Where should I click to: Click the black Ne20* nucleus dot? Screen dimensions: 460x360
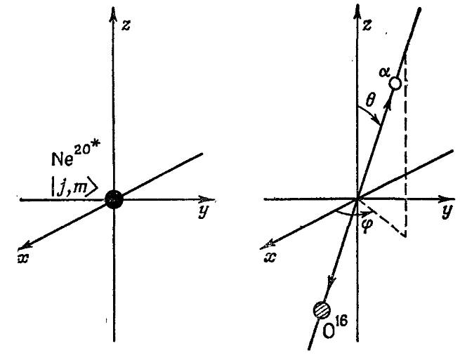(x=114, y=199)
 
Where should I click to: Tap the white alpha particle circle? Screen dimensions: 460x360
(x=395, y=84)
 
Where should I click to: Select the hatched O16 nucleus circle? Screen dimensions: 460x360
(x=322, y=310)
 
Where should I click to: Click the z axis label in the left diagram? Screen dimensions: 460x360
(x=126, y=25)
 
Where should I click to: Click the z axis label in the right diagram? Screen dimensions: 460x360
(x=367, y=25)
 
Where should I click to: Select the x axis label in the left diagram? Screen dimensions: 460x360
(x=23, y=258)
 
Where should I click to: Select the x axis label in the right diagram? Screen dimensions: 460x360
(x=270, y=258)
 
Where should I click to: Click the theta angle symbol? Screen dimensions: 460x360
(x=371, y=101)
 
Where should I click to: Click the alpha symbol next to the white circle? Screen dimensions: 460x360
(x=384, y=72)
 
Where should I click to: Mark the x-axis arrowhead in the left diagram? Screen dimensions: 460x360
(x=25, y=246)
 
